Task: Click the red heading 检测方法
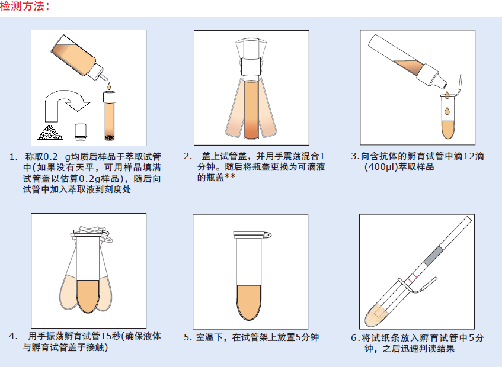click(x=25, y=6)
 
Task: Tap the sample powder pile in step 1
click(x=50, y=133)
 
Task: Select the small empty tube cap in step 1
click(x=81, y=132)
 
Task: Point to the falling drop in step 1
click(x=109, y=86)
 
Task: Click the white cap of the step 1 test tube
click(x=110, y=97)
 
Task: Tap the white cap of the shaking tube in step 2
click(x=251, y=66)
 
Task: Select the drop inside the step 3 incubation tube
click(x=447, y=111)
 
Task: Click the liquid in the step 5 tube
click(x=249, y=301)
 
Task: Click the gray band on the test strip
click(x=434, y=256)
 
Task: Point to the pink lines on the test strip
click(x=412, y=278)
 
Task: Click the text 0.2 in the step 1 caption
click(x=50, y=157)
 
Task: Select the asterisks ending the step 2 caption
click(x=229, y=176)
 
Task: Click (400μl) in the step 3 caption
click(x=381, y=167)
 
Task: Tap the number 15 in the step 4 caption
click(x=105, y=336)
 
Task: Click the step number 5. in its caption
click(x=188, y=337)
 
